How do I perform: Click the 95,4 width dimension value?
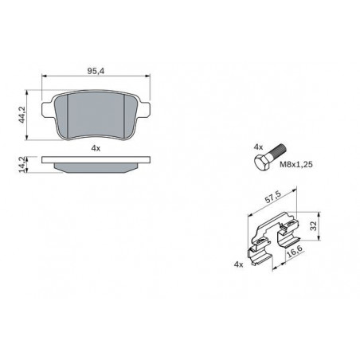pos(96,71)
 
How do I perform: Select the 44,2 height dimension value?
pos(22,115)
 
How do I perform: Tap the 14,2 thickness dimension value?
pos(22,165)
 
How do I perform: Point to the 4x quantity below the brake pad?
pos(96,148)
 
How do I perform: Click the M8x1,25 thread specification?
pos(296,165)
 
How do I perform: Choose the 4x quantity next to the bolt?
pos(258,147)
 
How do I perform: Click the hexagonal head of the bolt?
pos(262,162)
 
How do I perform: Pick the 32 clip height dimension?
pos(314,226)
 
